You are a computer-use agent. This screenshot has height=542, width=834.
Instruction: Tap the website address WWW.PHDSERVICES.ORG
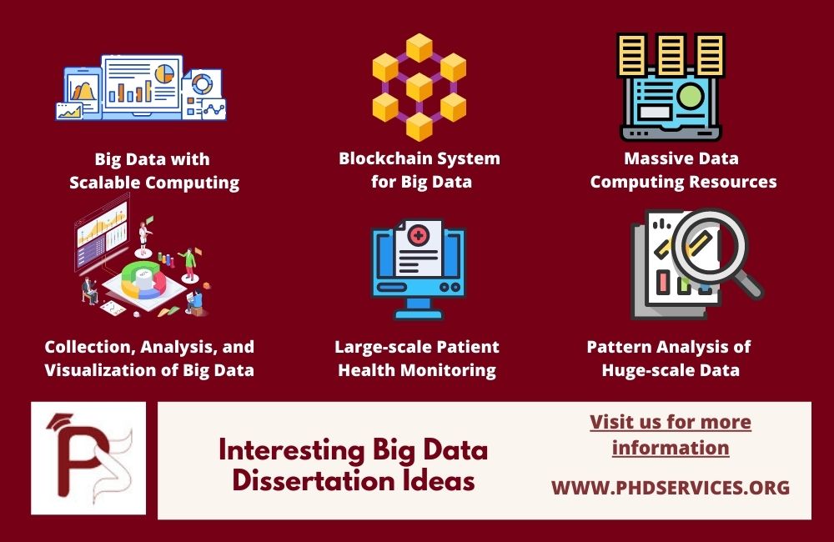pos(670,487)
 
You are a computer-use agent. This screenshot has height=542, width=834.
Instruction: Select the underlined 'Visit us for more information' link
pos(671,434)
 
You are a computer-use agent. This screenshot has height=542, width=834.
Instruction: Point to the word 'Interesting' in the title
pos(281,450)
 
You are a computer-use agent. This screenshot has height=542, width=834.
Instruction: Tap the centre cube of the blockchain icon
pos(419,87)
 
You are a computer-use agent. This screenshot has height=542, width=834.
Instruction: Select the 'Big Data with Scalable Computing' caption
pos(154,170)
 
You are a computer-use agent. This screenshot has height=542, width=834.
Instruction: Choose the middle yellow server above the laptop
pos(670,54)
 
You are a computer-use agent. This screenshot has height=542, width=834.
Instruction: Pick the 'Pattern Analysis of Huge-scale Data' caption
pos(670,358)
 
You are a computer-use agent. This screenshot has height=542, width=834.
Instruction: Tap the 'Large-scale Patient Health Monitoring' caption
pos(417,358)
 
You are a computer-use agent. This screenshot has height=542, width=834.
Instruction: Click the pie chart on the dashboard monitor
pos(164,71)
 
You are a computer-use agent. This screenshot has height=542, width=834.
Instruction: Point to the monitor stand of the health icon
pos(417,310)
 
